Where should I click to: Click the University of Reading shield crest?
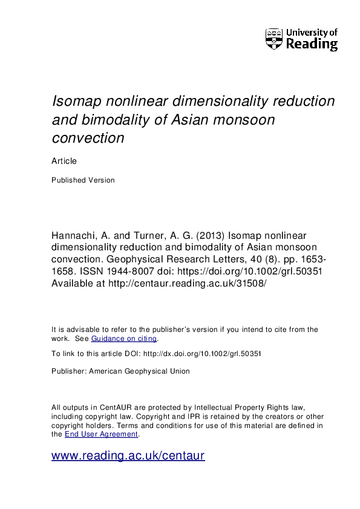tap(274, 39)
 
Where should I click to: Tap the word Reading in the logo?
tap(312, 44)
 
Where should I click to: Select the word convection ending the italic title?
tap(88, 138)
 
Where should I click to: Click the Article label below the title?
tap(64, 161)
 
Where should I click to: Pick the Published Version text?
tap(83, 180)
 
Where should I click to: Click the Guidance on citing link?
tap(124, 339)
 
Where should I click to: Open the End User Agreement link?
tap(102, 434)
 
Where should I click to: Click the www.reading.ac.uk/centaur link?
tap(128, 456)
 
